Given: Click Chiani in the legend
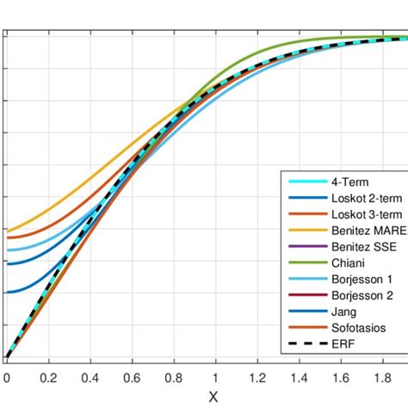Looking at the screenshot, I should [x=348, y=263].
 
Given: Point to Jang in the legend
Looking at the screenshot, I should [x=343, y=312].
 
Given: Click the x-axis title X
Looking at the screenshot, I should [x=214, y=397].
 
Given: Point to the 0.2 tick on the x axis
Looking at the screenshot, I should [x=48, y=376].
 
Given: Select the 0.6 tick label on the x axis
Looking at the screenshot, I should [x=132, y=376].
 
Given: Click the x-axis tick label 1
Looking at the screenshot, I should [x=215, y=376].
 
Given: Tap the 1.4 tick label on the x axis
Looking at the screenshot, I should [x=299, y=376].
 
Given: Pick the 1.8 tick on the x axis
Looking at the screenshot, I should [x=382, y=376].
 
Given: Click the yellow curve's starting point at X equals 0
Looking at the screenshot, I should [x=7, y=231].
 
